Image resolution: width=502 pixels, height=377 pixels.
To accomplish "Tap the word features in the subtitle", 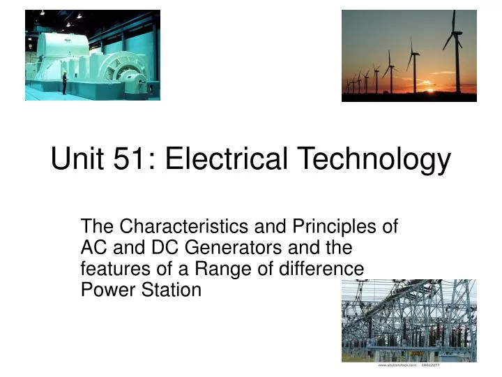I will pos(112,269).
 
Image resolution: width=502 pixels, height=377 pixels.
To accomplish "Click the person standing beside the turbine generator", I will pos(64,83).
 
